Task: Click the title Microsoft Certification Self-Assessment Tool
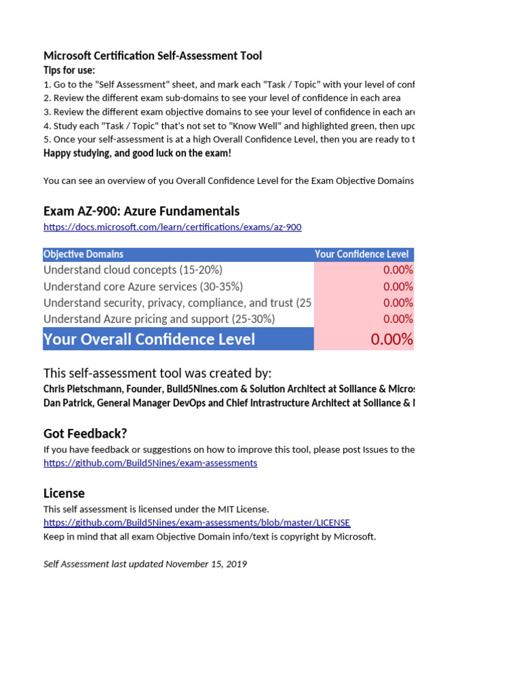click(152, 56)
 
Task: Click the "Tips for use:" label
click(69, 71)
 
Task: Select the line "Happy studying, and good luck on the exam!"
click(137, 153)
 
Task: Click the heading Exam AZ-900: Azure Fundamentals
click(141, 211)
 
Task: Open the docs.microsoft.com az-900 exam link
click(172, 227)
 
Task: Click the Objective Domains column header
click(83, 254)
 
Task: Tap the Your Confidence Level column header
click(362, 254)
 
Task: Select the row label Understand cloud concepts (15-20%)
click(133, 270)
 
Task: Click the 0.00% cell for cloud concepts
click(398, 270)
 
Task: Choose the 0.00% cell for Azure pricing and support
click(398, 319)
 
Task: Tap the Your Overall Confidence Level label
click(149, 339)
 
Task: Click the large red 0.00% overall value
click(391, 339)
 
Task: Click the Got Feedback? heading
click(85, 434)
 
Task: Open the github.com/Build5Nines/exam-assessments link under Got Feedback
click(150, 463)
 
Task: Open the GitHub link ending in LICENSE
click(197, 523)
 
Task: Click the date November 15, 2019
click(206, 564)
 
